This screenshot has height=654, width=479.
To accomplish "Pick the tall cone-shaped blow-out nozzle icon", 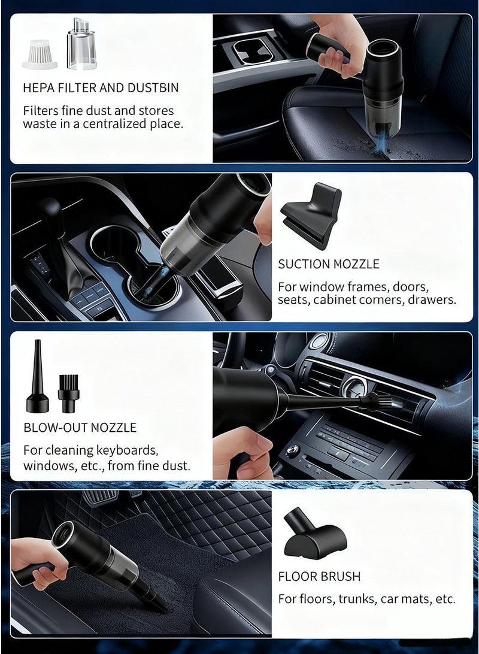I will point(37,377).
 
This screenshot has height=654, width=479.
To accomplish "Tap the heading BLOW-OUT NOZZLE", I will point(80,428).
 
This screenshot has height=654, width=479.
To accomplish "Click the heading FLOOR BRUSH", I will point(319,577).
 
